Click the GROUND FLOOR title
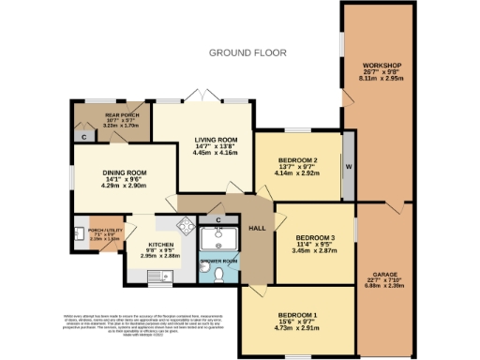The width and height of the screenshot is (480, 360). coord(247,52)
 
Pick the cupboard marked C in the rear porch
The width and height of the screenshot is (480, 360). coord(83,137)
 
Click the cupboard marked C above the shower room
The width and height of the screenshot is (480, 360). coord(217,219)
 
